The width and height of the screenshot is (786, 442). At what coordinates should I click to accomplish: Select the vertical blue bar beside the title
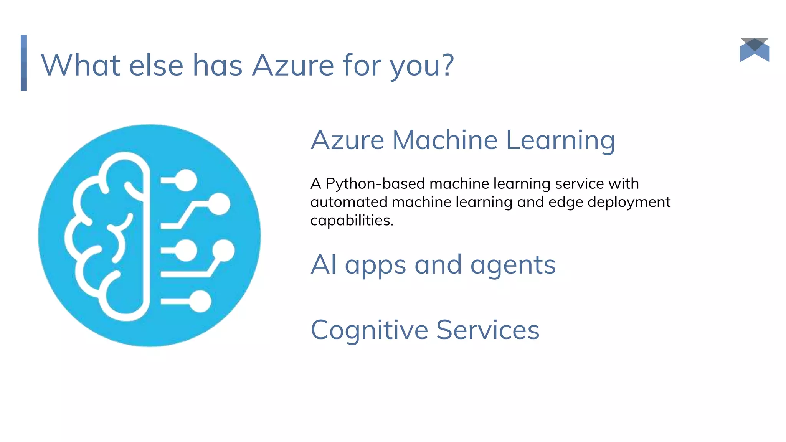24,63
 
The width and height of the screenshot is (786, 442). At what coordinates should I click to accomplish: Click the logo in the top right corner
755,50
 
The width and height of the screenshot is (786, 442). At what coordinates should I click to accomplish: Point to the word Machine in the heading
445,140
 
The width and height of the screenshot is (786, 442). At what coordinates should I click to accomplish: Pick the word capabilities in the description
352,221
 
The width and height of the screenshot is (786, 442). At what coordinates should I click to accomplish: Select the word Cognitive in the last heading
369,330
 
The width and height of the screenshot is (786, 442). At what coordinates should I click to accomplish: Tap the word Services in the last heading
488,330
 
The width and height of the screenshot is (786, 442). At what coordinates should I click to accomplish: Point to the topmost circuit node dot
187,180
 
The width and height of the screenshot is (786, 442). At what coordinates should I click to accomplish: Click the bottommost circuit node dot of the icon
200,302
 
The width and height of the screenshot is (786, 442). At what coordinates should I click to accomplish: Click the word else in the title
156,65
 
